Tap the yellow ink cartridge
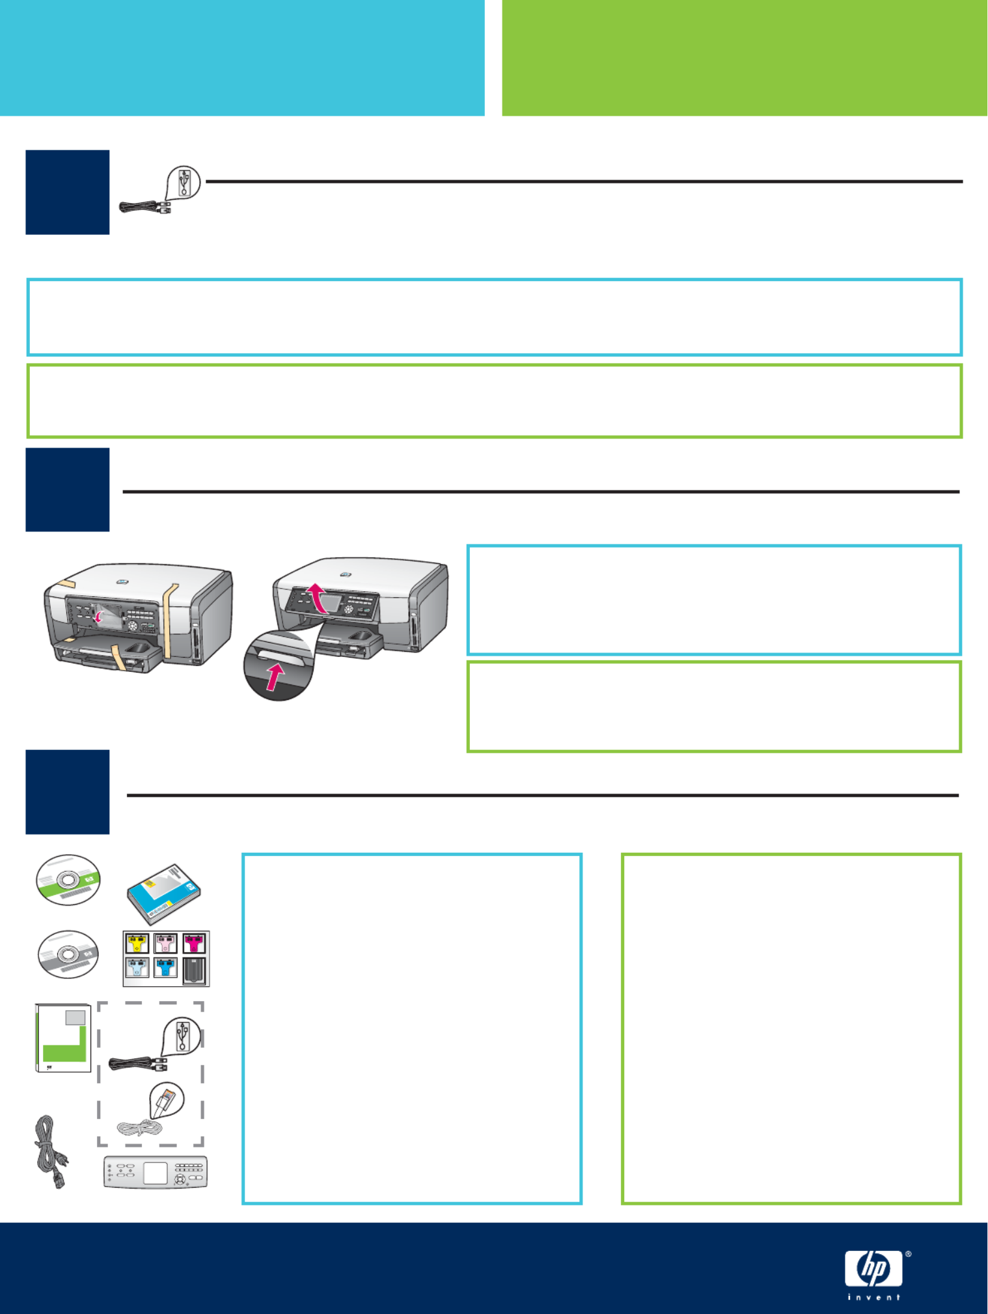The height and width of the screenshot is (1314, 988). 137,943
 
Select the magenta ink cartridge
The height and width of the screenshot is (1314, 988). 194,943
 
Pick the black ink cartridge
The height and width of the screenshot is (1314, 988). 195,970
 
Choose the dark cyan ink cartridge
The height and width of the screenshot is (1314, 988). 165,967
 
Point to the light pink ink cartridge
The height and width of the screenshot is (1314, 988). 165,943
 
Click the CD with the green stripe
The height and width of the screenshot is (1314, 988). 68,879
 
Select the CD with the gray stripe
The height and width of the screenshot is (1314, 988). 68,954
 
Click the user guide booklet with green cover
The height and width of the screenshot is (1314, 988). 63,1038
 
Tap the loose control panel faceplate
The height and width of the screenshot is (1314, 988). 156,1172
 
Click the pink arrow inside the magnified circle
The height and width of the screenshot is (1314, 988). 275,677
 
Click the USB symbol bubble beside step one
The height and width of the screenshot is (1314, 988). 184,182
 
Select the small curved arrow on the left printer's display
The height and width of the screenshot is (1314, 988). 98,615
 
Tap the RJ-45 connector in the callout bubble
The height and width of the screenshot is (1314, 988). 166,1100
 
